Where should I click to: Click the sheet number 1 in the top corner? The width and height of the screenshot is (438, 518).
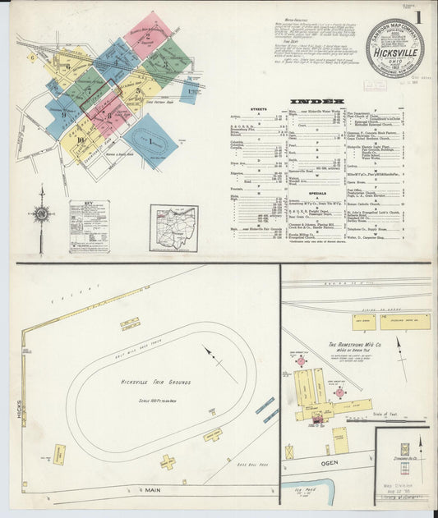(x=419, y=16)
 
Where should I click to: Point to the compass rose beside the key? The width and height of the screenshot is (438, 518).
(x=42, y=214)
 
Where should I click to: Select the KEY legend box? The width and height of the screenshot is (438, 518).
(x=89, y=226)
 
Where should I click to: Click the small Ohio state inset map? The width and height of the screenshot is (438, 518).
(x=173, y=227)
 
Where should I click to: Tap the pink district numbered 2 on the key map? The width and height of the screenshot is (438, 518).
(x=147, y=35)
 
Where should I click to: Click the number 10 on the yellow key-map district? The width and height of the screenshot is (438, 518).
(x=81, y=139)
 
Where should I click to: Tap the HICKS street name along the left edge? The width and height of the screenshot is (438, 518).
(x=16, y=406)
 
